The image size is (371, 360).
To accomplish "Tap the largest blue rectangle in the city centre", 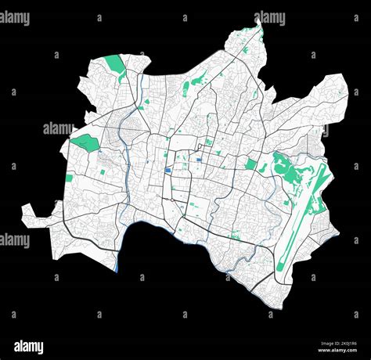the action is tap(167, 172).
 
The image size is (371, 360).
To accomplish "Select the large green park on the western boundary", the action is tap(85, 143).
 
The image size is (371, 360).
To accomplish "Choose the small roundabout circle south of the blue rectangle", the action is tap(173, 200).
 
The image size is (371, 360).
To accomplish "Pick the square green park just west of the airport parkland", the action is tap(251, 164).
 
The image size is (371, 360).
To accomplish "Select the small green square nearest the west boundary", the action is tap(69, 178).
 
